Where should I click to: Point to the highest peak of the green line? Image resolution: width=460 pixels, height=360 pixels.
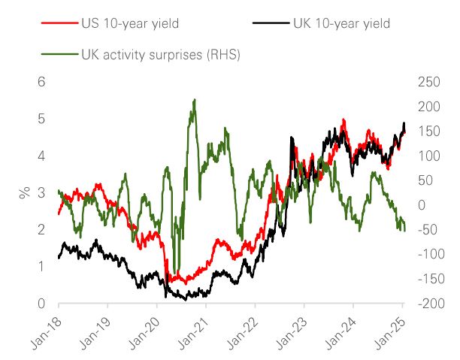click(195, 99)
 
